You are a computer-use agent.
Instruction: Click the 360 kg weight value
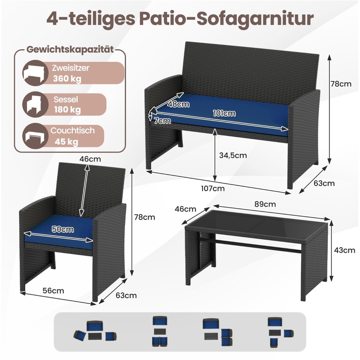tap(67, 79)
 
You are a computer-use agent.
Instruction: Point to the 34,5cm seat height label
tap(233, 155)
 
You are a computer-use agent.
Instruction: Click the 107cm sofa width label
tap(213, 188)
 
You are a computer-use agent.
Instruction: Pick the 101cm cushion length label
tap(224, 113)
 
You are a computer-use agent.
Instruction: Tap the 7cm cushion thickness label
tap(163, 121)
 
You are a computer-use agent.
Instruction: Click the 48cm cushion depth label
tap(178, 104)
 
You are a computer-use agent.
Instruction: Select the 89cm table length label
tap(265, 204)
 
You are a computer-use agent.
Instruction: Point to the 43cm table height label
tap(344, 250)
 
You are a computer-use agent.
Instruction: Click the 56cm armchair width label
tap(53, 291)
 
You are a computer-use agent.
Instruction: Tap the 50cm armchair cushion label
tap(63, 229)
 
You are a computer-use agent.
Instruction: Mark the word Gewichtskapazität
tap(70, 50)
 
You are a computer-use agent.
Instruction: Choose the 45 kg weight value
tap(66, 142)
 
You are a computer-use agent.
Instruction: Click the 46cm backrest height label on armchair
tap(90, 159)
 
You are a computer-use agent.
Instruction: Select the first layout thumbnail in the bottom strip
tap(95, 333)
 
